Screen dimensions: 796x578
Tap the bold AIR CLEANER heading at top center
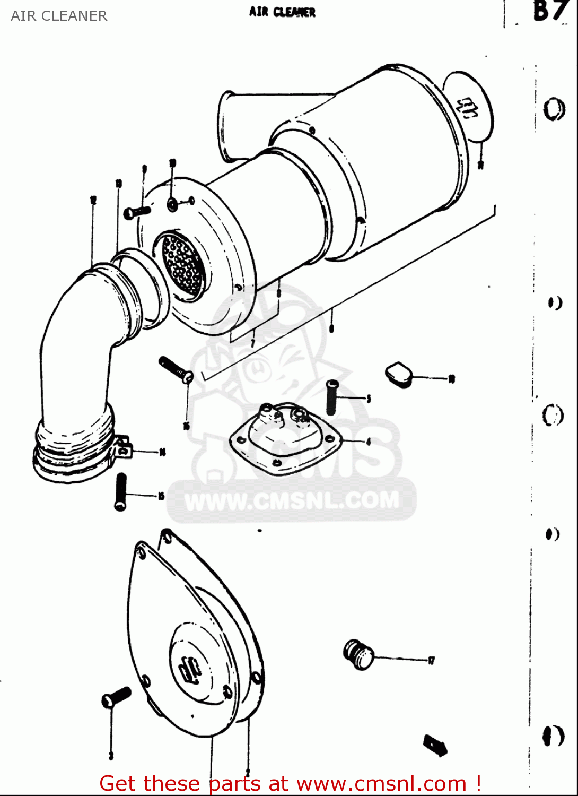[x=282, y=12]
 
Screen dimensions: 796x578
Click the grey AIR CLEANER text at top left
[x=59, y=16]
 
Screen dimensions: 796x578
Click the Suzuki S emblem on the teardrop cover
[x=190, y=670]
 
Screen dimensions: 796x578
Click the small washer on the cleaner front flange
[x=173, y=203]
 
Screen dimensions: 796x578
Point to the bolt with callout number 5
[x=332, y=397]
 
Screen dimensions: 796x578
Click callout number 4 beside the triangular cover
[x=369, y=442]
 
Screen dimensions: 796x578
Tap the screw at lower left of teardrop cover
[x=116, y=697]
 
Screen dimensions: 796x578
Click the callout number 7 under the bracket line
[x=253, y=343]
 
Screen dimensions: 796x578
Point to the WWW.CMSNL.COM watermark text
[x=292, y=500]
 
